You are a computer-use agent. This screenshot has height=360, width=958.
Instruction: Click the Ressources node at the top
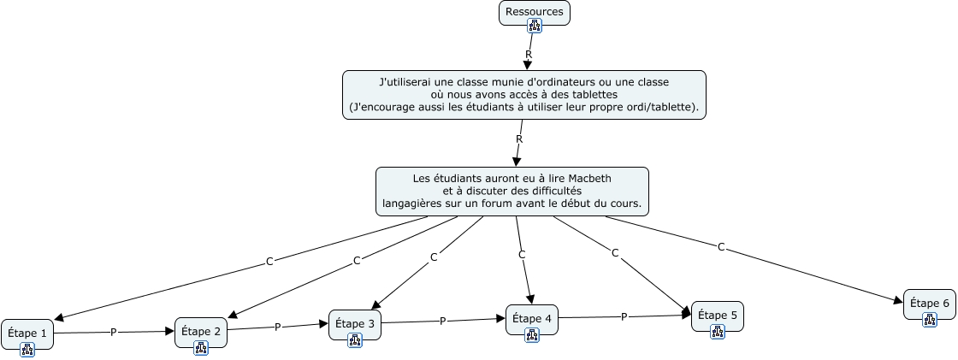(x=535, y=12)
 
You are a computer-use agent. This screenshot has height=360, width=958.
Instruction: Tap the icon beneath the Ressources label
(x=535, y=26)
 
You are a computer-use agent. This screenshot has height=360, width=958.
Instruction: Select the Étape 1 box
(x=27, y=332)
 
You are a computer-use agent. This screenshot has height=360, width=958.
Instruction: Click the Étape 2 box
(x=201, y=331)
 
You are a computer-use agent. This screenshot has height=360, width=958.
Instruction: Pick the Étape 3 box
(x=355, y=324)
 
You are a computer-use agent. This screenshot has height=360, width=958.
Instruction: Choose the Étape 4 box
(x=531, y=319)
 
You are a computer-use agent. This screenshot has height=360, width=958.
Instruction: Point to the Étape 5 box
(x=717, y=315)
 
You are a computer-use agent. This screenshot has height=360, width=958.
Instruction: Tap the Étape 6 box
(x=929, y=303)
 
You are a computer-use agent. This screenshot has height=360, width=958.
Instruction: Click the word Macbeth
(x=588, y=178)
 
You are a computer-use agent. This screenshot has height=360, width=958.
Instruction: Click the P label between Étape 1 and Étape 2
(x=113, y=332)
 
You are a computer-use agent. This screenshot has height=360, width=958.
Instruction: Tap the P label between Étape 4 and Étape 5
(x=624, y=316)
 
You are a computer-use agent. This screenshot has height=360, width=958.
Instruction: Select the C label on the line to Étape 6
(x=721, y=247)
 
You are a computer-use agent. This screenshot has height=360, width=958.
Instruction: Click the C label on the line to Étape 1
(x=269, y=261)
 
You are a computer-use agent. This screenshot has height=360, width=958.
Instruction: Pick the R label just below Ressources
(x=528, y=54)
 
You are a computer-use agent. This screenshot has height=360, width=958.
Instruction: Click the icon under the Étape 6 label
(x=929, y=319)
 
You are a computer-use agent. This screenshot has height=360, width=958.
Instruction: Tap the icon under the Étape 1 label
(x=27, y=348)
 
